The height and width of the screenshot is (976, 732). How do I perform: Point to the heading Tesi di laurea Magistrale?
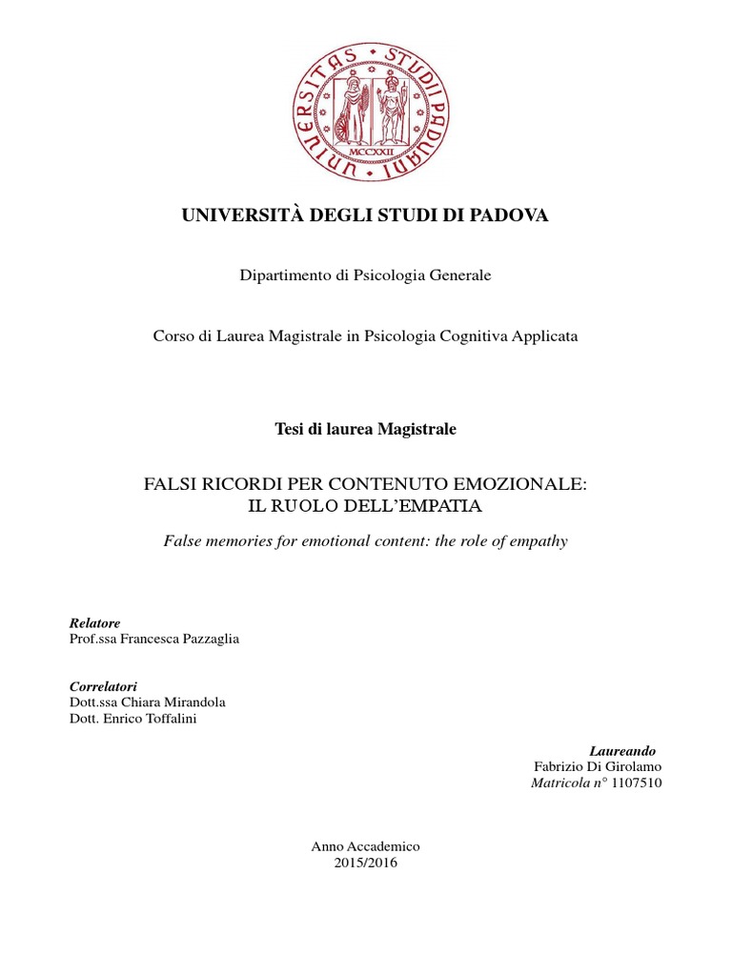(x=365, y=430)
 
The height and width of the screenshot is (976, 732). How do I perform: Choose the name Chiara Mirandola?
(x=177, y=702)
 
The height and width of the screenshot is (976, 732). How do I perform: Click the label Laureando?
(x=624, y=751)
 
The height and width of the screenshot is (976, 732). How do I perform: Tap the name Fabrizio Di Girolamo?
(x=599, y=766)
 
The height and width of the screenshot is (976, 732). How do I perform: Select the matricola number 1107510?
(x=628, y=783)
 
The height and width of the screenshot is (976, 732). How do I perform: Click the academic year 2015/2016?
(x=366, y=863)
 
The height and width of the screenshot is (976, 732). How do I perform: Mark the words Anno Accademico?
(x=366, y=846)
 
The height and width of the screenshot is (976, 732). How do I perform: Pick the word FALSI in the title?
(x=170, y=484)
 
